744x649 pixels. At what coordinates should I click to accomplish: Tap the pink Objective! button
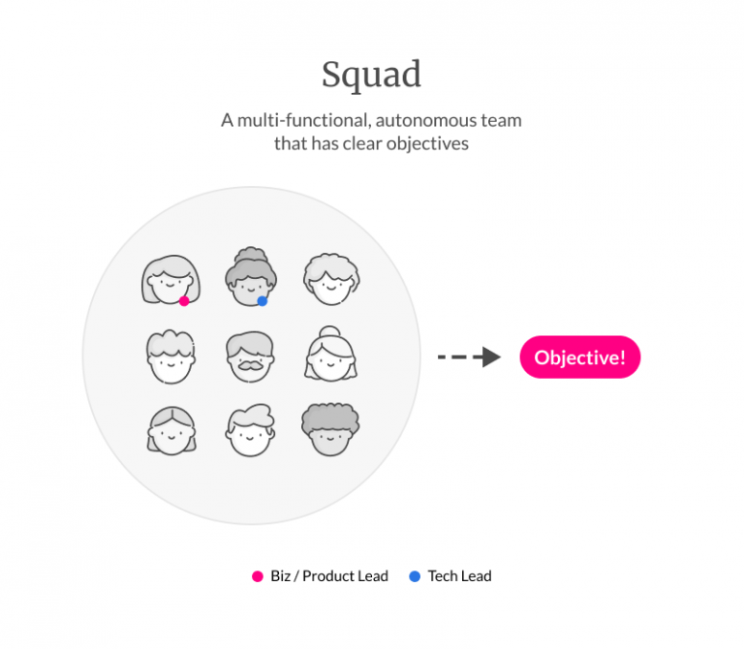(580, 357)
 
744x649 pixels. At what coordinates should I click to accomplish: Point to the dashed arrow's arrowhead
(490, 357)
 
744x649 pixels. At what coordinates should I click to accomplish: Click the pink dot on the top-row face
(184, 301)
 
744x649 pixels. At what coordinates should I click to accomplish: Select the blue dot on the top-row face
(262, 301)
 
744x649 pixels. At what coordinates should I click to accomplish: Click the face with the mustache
(251, 356)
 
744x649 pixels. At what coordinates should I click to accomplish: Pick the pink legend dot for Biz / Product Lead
(258, 576)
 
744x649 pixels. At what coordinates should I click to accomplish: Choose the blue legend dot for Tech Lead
(415, 576)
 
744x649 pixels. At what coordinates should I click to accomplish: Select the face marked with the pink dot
(171, 278)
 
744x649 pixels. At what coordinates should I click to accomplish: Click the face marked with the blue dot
(251, 276)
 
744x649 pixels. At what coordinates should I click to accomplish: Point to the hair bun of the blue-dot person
(250, 254)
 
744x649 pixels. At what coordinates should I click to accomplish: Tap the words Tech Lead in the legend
(459, 576)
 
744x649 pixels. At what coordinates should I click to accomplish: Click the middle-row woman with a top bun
(330, 355)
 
